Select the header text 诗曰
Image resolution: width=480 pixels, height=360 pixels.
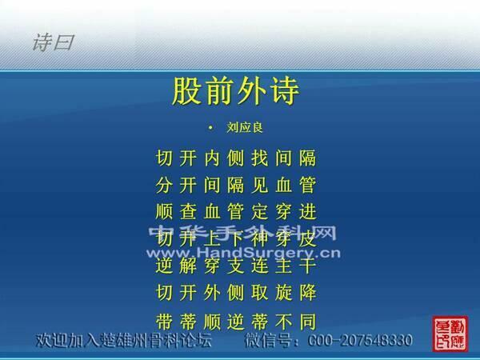click(53, 42)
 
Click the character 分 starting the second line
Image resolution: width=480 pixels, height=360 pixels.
click(163, 186)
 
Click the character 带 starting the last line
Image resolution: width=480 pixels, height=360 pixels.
click(163, 322)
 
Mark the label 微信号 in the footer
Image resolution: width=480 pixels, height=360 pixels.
click(268, 341)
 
